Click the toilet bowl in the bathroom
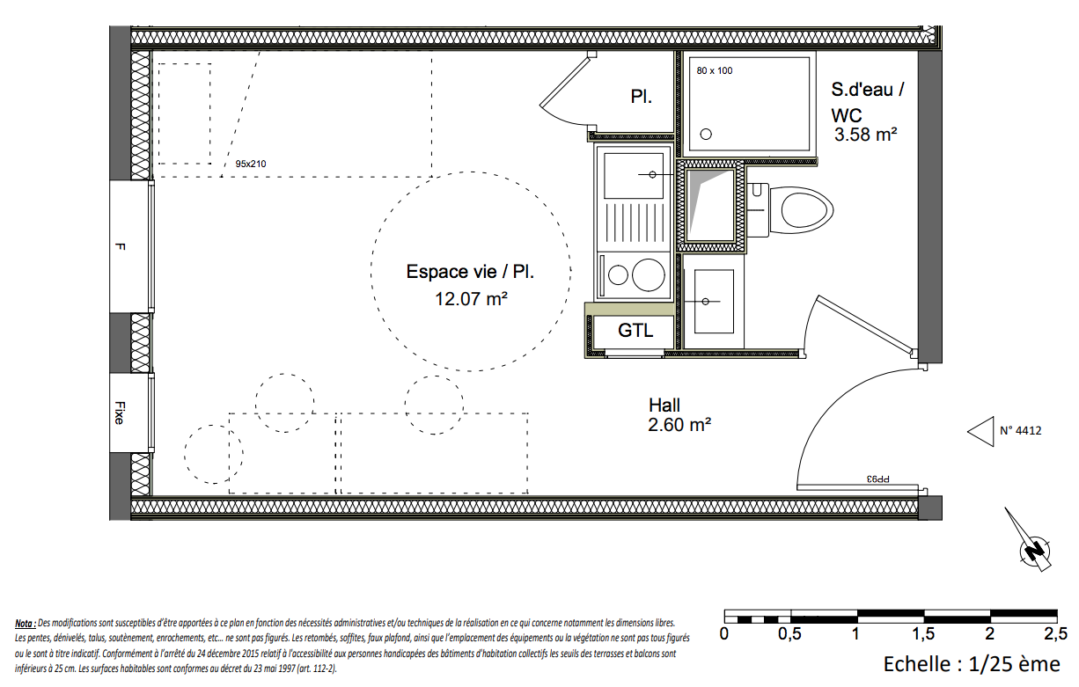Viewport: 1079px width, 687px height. coord(801,210)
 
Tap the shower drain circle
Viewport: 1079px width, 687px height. coord(706,135)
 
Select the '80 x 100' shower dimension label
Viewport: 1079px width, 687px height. coord(715,70)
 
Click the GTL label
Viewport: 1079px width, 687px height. coord(635,331)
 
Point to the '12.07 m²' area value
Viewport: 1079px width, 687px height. coord(471,299)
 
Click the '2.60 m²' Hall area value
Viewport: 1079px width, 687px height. coord(679,425)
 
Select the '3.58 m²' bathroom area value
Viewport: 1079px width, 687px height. coord(866,135)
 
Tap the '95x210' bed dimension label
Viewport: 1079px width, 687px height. coord(251,164)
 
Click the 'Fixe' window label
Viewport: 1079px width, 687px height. coord(120,413)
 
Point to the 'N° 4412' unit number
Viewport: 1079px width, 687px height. coord(1020,430)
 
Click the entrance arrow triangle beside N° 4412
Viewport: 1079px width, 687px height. coord(980,431)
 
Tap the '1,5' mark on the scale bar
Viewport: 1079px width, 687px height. coord(923,634)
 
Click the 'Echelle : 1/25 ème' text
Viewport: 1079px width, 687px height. coord(972,664)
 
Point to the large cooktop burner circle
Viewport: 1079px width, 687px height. coord(649,275)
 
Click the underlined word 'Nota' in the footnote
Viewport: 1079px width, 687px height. coord(25,624)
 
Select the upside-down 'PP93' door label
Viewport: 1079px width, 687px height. coord(877,479)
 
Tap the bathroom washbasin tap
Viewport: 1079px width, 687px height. coord(706,302)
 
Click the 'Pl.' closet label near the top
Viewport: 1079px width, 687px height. coord(641,97)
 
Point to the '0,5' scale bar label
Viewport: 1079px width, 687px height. coord(789,634)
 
